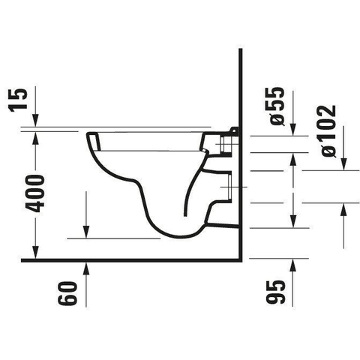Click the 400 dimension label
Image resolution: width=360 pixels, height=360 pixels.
coord(34,193)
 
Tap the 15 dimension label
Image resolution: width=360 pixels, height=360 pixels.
coord(17,100)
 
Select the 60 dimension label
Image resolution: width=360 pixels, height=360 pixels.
coord(67,293)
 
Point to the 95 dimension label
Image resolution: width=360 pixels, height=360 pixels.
coord(275,292)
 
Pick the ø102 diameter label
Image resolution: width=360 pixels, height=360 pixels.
coord(328,131)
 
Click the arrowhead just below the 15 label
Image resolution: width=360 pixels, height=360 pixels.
coord(35,120)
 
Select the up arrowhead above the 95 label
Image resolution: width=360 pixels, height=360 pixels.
coord(292,265)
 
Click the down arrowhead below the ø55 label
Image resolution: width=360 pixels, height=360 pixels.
coord(292,130)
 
